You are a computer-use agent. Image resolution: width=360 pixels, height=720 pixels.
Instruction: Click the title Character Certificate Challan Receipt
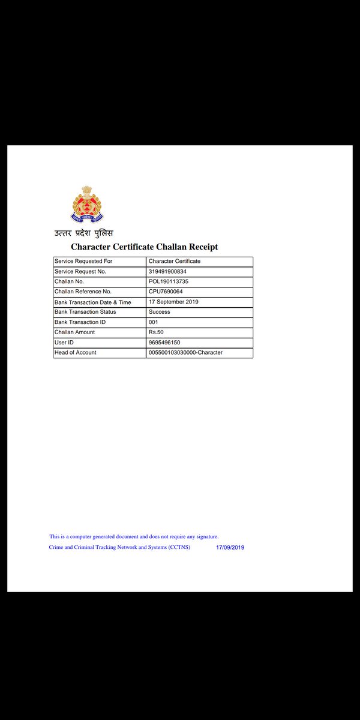[x=144, y=247]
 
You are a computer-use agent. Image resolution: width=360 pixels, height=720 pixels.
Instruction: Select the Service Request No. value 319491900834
[x=167, y=272]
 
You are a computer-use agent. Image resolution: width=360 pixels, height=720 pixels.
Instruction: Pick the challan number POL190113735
[x=169, y=281]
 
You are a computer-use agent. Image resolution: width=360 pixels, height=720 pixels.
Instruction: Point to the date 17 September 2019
[x=173, y=302]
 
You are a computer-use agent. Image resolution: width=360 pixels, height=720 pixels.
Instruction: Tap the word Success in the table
[x=160, y=312]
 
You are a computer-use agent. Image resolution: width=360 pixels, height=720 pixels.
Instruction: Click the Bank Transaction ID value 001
[x=154, y=322]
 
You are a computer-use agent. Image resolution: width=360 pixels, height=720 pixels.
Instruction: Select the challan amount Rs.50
[x=156, y=332]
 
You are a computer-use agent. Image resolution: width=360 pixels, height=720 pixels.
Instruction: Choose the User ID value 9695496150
[x=164, y=343]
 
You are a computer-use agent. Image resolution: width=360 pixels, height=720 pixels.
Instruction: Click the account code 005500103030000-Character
[x=185, y=353]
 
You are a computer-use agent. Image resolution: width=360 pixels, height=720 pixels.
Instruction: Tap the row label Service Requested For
[x=83, y=262]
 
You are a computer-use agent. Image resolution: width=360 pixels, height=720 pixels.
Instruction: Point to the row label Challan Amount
[x=74, y=332]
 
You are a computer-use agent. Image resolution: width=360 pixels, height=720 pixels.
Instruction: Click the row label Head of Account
[x=76, y=353]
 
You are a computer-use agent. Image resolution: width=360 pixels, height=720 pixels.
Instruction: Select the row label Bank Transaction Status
[x=85, y=312]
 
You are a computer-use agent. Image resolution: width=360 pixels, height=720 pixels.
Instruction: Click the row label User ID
[x=64, y=343]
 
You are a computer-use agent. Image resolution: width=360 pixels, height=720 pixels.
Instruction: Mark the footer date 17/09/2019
[x=230, y=548]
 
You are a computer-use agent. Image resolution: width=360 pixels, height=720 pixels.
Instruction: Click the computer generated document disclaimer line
[x=134, y=536]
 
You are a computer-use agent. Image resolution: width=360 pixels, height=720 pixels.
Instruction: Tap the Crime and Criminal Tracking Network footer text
[x=119, y=547]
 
